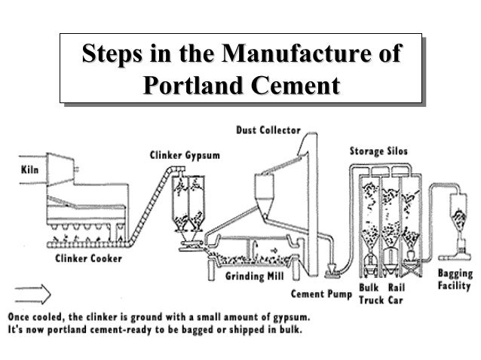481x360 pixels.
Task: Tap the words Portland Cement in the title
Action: (240, 83)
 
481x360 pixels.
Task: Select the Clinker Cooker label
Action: (88, 258)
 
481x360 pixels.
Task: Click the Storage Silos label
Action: (378, 151)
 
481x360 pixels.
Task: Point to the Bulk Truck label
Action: (369, 292)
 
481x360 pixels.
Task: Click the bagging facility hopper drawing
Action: (455, 212)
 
